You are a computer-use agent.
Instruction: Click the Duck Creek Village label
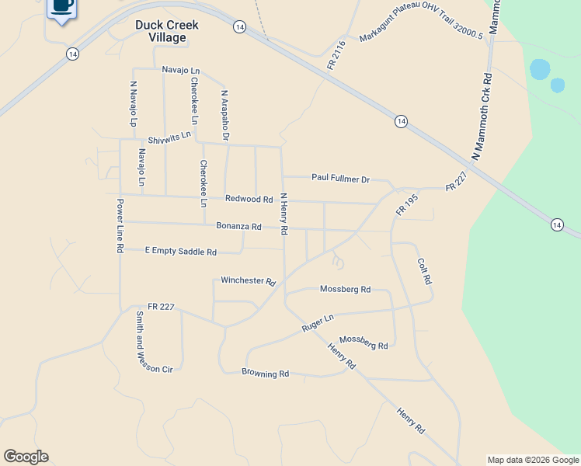(166, 31)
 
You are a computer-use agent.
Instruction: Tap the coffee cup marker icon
(62, 7)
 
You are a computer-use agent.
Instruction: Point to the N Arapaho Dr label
(225, 115)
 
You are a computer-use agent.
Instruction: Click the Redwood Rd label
(249, 200)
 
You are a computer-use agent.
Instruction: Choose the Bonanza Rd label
(238, 227)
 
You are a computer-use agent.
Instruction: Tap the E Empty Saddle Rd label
(181, 252)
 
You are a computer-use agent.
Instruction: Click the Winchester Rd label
(249, 280)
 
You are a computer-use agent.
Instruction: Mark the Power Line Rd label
(120, 225)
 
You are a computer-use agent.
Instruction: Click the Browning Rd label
(265, 374)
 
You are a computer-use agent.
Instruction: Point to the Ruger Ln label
(318, 324)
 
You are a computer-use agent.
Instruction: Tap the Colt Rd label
(423, 271)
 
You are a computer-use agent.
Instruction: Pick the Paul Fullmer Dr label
(340, 178)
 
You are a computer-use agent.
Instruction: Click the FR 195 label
(407, 204)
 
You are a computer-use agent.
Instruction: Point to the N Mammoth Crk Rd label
(481, 116)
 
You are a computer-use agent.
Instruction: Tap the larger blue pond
(539, 69)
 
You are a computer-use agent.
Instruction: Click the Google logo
(26, 457)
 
